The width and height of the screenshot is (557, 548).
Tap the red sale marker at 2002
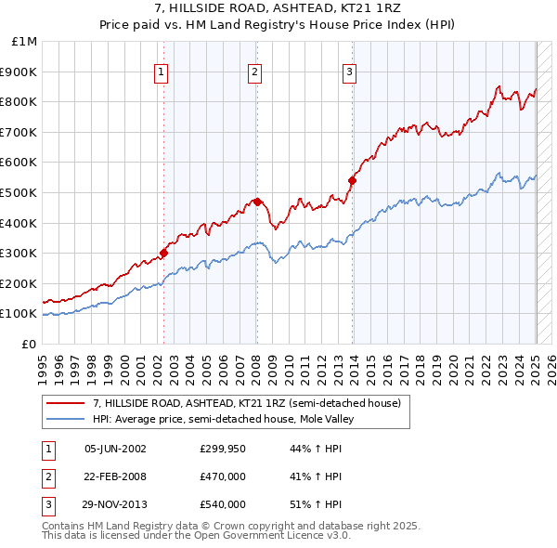point(163,252)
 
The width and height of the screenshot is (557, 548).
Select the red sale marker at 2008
point(257,201)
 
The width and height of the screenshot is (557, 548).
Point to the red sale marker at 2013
point(352,180)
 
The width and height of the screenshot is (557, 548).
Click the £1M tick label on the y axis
point(25,41)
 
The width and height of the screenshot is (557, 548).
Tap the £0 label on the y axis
point(29,344)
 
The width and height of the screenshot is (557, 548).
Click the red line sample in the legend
point(65,403)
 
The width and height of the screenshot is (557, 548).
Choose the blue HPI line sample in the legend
point(65,419)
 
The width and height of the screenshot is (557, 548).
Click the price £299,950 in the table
point(223,448)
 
